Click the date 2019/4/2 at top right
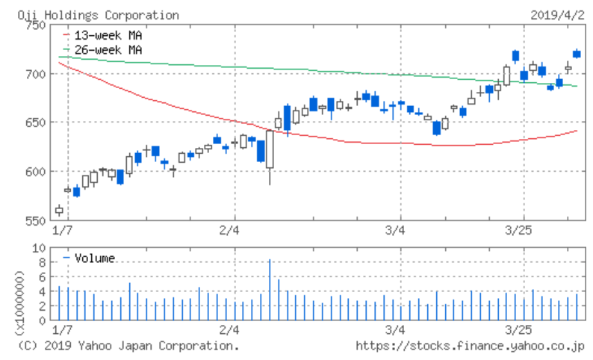pos(558,15)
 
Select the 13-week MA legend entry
pos(108,35)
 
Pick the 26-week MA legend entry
pos(108,49)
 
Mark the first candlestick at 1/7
pos(60,210)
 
